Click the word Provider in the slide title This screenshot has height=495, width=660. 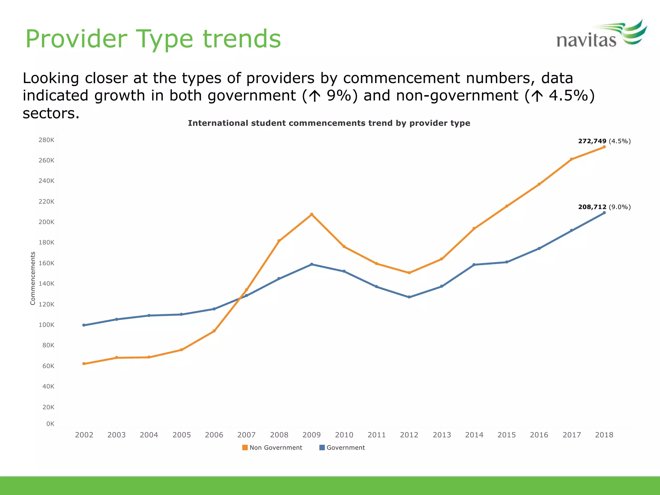[x=76, y=39]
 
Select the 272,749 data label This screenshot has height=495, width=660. [x=592, y=141]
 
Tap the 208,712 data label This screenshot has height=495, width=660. [x=592, y=207]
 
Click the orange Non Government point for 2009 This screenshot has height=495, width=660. [x=312, y=214]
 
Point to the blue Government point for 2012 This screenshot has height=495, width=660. [x=409, y=297]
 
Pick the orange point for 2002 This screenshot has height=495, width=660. [x=84, y=364]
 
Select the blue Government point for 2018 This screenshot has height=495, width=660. [x=604, y=213]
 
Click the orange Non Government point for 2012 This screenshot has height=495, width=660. [x=409, y=273]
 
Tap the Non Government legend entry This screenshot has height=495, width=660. [x=272, y=448]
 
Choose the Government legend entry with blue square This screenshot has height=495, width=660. [x=342, y=448]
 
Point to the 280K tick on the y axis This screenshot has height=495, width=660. [x=46, y=140]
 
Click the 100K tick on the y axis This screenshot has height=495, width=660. [x=46, y=325]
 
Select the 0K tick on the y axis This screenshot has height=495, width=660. [x=50, y=424]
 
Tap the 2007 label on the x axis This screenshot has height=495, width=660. [x=247, y=435]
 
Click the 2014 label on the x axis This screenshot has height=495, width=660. [x=474, y=435]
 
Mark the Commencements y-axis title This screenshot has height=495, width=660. [x=33, y=278]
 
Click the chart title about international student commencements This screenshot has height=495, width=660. [x=329, y=123]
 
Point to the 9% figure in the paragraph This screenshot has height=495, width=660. [x=338, y=96]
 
